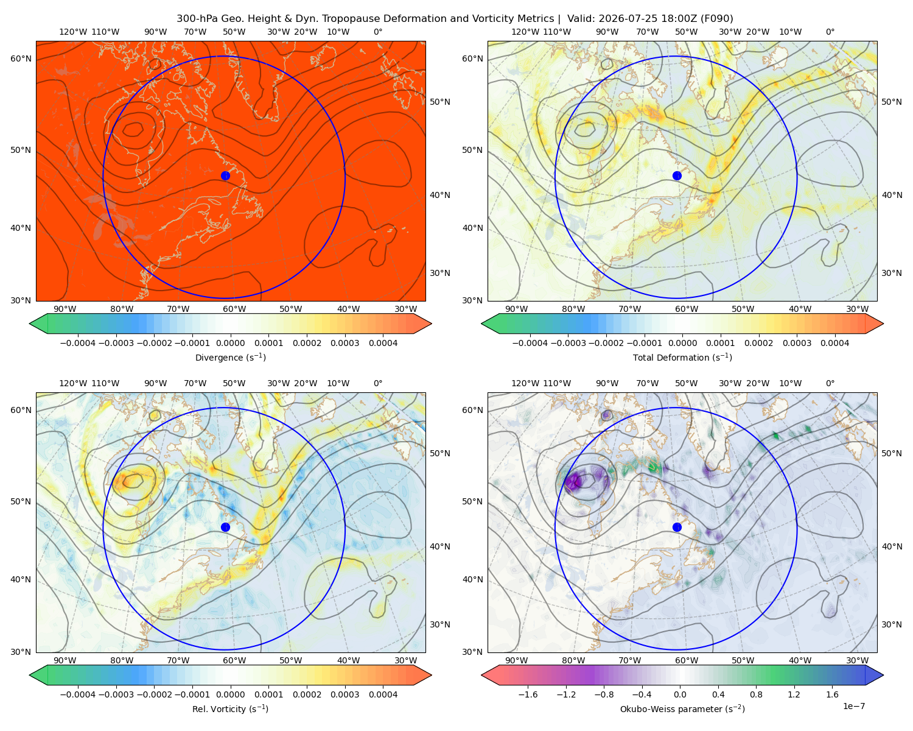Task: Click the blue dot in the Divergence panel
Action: pos(225,175)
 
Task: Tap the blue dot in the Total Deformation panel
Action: pos(677,175)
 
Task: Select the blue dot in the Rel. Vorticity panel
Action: pos(225,527)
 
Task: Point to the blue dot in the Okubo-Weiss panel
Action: pos(677,527)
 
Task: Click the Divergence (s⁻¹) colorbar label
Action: pos(230,357)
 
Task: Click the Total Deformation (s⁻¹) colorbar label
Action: pos(682,357)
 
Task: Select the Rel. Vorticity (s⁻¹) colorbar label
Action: pos(230,708)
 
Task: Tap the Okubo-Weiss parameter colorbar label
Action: pos(682,708)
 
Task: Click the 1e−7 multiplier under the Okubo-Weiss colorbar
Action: pos(853,706)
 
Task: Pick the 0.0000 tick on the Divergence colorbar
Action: pos(230,343)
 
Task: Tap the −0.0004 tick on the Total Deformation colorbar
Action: pos(530,343)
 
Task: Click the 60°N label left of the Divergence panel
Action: pos(21,58)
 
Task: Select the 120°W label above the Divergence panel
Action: pos(73,32)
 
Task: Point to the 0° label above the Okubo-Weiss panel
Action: pos(830,383)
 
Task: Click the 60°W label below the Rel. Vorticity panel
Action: pos(234,660)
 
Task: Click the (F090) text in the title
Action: pos(716,19)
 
